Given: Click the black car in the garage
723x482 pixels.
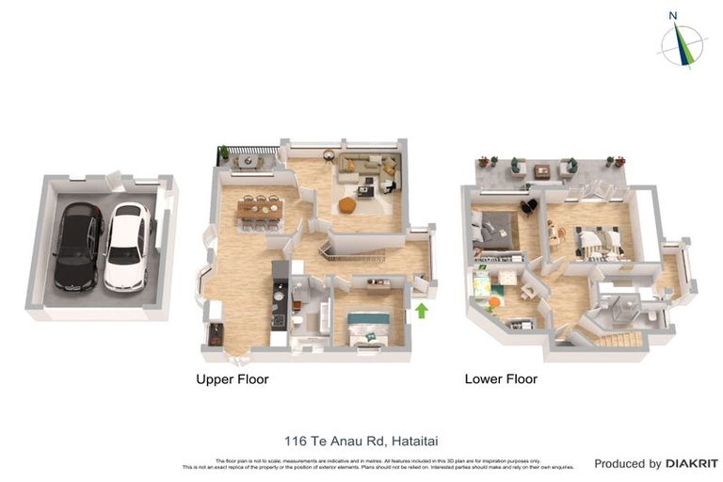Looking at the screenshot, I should (78, 247).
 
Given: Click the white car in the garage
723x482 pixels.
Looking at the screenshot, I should (127, 246).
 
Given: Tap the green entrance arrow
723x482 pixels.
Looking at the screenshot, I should (421, 310).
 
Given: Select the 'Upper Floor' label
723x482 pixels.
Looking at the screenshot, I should (232, 379).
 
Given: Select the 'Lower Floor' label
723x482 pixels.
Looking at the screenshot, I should (501, 379).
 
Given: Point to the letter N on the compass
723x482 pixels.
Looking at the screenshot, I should (673, 15).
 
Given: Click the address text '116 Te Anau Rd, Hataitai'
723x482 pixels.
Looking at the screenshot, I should (349, 441).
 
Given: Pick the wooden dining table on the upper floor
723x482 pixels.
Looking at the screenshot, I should (261, 212).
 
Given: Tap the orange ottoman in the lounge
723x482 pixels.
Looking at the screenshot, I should (347, 204).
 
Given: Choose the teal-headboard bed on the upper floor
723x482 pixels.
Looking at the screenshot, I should (368, 329).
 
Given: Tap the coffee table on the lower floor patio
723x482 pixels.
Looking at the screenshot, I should (541, 170).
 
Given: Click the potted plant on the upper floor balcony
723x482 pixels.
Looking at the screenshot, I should (224, 153).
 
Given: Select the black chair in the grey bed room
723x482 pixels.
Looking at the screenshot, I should (528, 206).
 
